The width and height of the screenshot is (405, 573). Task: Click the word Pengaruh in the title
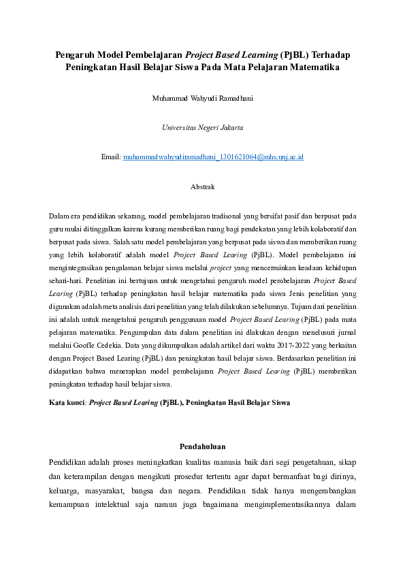coord(75,54)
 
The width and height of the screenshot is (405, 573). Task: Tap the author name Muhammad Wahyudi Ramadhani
coord(202,98)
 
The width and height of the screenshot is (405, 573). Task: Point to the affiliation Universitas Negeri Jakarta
coord(202,127)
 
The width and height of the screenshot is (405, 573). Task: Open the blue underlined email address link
coord(213,157)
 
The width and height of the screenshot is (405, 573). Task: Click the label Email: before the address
coord(111,157)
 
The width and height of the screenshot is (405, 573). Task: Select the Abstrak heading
coord(202,186)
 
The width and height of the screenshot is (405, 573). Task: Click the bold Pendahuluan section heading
coord(202,446)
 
